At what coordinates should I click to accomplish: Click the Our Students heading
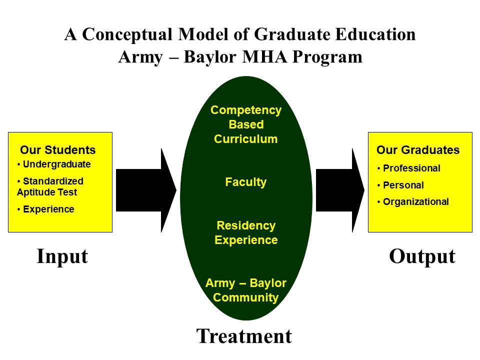coord(57,150)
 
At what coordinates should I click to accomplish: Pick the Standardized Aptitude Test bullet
coord(50,186)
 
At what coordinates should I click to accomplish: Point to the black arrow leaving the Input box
coord(145,190)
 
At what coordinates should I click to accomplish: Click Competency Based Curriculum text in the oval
coord(245,124)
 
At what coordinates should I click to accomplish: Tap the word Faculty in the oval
coord(245,182)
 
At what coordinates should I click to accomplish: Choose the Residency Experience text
coord(245,232)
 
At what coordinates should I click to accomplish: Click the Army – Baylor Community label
coord(245,290)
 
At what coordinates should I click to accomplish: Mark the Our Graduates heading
coord(417,150)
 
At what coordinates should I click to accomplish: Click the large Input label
coord(62,256)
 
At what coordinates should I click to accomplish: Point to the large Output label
coord(422,256)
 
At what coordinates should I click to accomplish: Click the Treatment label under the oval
coord(244,336)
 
